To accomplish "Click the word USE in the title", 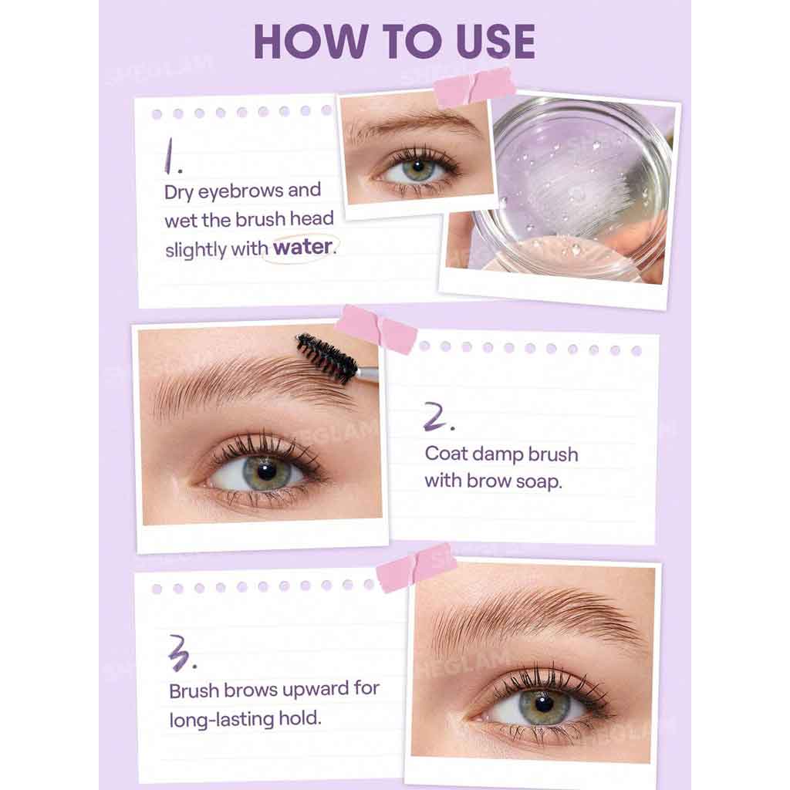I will pyautogui.click(x=489, y=42).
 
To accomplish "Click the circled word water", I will pyautogui.click(x=302, y=248).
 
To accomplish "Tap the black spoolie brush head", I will pyautogui.click(x=326, y=357).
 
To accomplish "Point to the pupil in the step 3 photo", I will pyautogui.click(x=544, y=704).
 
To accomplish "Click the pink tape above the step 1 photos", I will pyautogui.click(x=475, y=87).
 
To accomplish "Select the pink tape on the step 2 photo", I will pyautogui.click(x=376, y=329).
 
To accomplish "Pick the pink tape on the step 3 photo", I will pyautogui.click(x=416, y=567).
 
